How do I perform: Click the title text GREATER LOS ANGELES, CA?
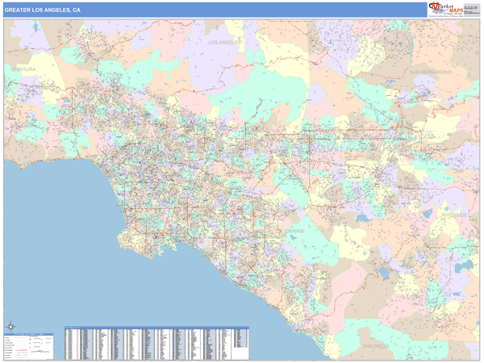[x=42, y=10]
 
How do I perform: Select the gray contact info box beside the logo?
[x=470, y=10]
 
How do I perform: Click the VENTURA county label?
[x=23, y=70]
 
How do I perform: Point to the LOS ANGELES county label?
[x=226, y=42]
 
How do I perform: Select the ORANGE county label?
[x=294, y=231]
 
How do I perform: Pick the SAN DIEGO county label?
[x=375, y=345]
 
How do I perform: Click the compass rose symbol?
[x=11, y=327]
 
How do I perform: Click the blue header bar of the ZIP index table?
[x=156, y=328]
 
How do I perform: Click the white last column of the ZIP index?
[x=241, y=339]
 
